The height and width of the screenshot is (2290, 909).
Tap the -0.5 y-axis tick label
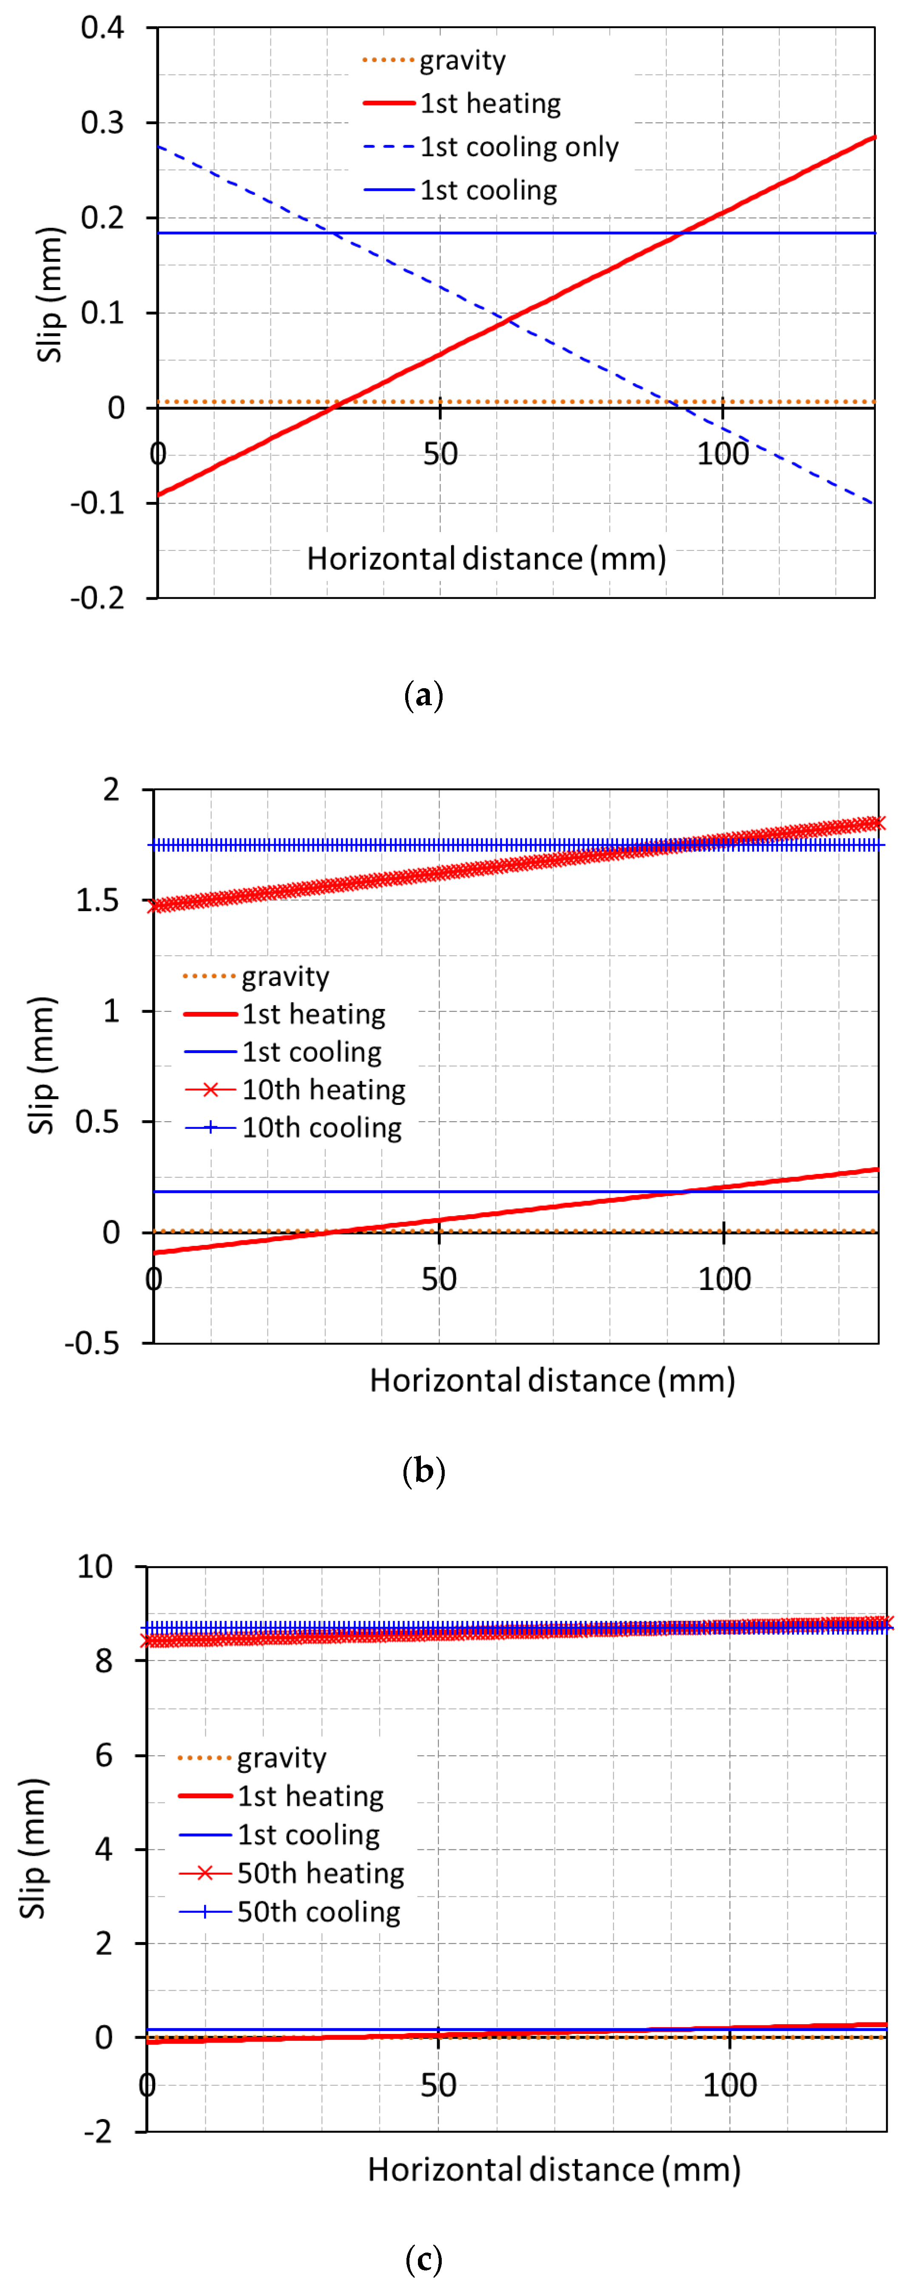(92, 1343)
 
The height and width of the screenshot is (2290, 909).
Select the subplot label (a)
(423, 695)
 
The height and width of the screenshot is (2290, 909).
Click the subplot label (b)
(423, 1471)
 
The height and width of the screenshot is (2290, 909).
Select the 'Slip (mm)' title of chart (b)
(42, 1066)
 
